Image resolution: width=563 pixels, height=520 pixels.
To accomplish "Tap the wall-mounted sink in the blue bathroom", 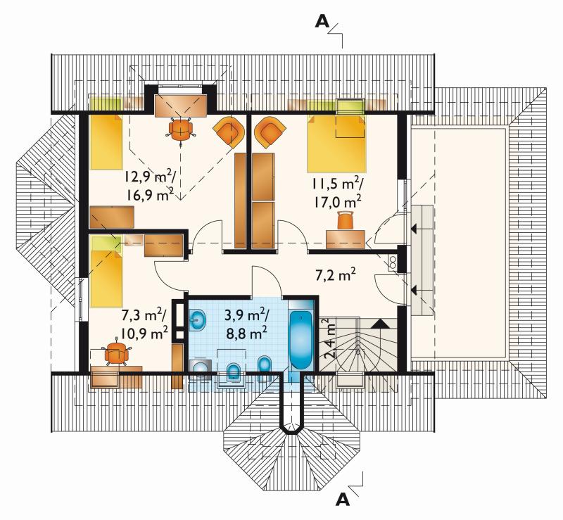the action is click(198, 320).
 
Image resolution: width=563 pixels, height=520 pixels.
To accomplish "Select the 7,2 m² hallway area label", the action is click(336, 275).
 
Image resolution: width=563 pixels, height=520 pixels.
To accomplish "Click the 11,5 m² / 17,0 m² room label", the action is click(337, 194).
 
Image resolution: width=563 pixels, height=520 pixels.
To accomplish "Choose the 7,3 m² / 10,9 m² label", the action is click(144, 324).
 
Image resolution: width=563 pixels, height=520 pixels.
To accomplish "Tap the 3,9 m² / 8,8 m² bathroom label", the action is click(246, 324).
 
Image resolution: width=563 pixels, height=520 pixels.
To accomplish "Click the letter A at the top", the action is click(322, 22).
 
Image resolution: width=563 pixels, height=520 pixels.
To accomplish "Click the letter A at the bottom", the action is click(343, 499).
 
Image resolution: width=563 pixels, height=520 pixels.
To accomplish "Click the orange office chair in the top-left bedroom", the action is click(181, 130).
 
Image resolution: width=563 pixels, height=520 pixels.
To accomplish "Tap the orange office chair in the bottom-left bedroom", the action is click(117, 353).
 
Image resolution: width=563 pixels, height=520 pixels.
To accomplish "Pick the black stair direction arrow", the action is click(380, 324).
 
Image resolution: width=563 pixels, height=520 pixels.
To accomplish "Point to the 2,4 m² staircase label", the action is click(329, 338).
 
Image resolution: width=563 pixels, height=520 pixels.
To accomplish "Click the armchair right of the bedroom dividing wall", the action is click(270, 132).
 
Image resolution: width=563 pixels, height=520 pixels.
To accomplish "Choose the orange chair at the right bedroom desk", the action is click(346, 220).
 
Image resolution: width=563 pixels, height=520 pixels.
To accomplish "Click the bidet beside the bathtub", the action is click(266, 367).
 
